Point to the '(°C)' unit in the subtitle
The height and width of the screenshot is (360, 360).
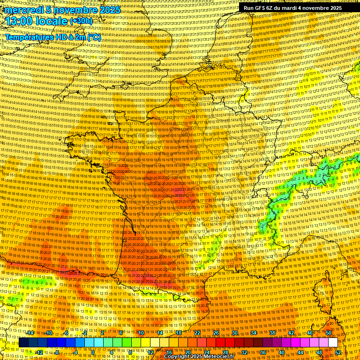click(x=93, y=37)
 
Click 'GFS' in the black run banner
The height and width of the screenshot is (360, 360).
click(x=261, y=8)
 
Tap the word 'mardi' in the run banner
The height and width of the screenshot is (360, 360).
click(x=294, y=8)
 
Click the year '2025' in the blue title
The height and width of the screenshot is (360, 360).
click(x=107, y=10)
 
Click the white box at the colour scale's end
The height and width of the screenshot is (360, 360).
click(x=332, y=343)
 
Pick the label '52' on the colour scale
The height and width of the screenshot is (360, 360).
click(x=338, y=352)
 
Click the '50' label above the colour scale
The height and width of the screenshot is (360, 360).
click(x=329, y=333)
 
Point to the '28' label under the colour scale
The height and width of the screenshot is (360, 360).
click(x=225, y=352)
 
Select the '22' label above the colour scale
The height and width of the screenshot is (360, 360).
click(x=197, y=333)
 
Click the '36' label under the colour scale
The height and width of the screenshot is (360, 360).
click(x=263, y=352)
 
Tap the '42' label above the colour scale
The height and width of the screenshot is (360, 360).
click(x=291, y=333)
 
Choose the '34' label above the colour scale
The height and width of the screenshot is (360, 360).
click(x=254, y=333)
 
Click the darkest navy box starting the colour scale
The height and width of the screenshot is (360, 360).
click(x=23, y=343)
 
